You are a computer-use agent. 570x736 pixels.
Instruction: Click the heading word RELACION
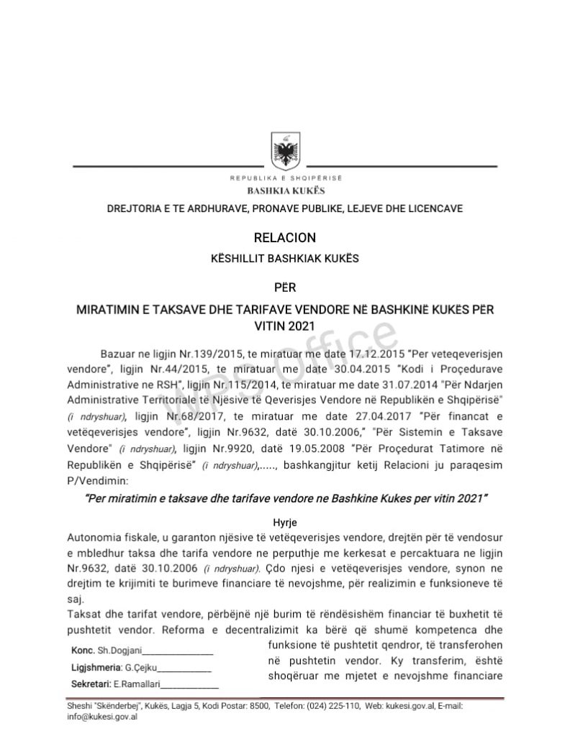coord(285,237)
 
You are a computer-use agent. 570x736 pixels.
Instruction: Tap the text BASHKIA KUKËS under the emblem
coord(286,191)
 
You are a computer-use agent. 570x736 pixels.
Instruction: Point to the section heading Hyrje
coord(285,522)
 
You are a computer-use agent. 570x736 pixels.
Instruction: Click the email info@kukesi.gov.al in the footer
coord(101,716)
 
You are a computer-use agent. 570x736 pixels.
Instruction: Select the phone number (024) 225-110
coord(332,707)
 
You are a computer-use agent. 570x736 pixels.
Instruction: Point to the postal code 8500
coord(258,707)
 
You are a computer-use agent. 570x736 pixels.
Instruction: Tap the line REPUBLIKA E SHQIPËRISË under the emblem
coord(286,178)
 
